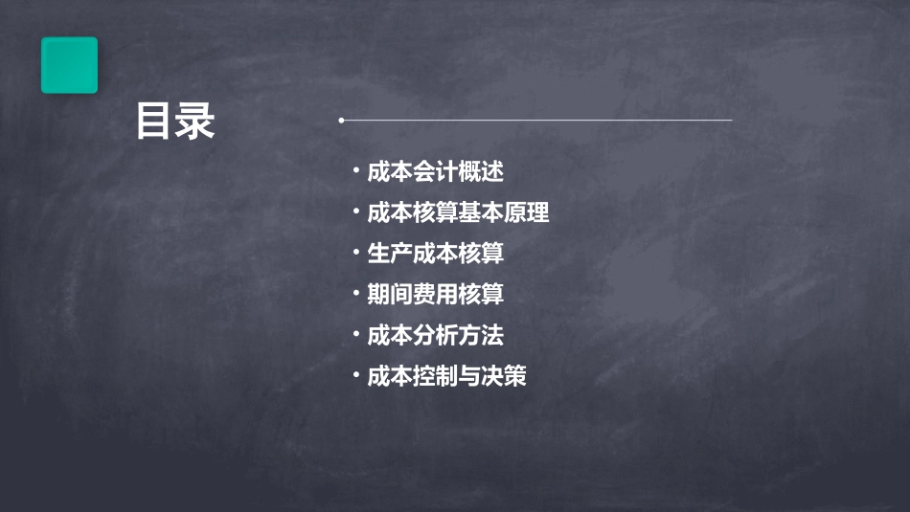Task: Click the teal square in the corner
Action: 69,65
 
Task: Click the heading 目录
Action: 175,122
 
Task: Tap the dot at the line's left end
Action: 341,121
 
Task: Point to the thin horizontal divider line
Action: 536,121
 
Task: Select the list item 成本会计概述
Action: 435,172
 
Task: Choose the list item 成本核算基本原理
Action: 458,212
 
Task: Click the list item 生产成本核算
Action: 435,254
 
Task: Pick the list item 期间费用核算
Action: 435,295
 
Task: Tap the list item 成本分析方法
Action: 435,336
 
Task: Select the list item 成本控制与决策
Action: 446,376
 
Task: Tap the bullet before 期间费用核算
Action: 355,294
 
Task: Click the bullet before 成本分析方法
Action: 355,335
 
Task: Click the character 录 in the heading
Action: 195,122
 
